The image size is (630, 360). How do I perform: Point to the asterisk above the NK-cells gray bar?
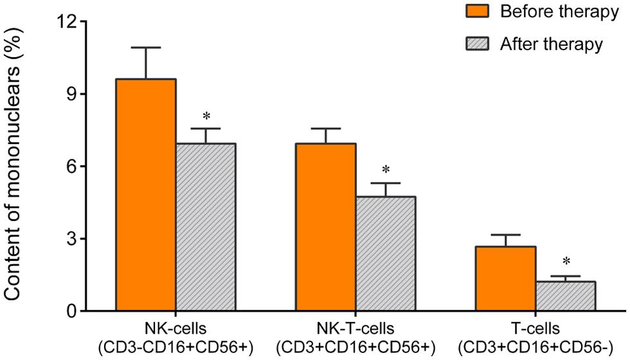pos(206,116)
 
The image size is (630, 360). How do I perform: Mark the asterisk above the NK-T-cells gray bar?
pos(386,170)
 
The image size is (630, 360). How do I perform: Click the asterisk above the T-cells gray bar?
pos(566,262)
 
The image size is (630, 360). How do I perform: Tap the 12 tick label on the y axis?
pos(67,22)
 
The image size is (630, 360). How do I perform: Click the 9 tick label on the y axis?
pos(72,94)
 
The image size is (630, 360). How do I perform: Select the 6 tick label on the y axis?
pos(72,166)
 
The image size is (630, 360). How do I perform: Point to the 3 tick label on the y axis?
pos(72,239)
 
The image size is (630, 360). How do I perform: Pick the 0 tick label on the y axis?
pos(72,312)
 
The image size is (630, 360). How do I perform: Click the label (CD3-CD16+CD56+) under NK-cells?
pos(175,347)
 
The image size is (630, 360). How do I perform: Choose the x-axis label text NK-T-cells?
pos(355,329)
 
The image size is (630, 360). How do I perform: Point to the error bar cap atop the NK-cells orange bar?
pos(146,48)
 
